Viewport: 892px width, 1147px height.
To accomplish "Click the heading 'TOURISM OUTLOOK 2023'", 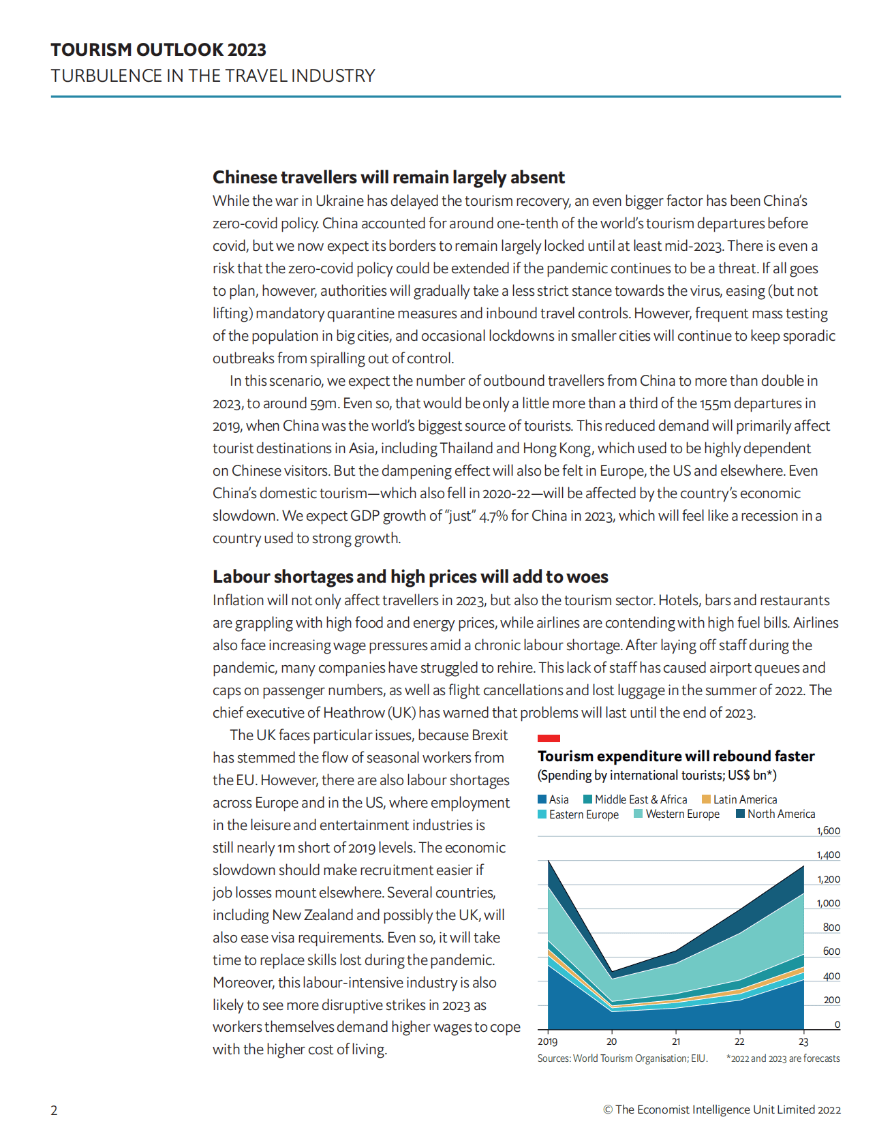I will click(158, 50).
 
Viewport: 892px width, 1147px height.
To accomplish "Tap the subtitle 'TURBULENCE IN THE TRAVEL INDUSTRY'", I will click(213, 76).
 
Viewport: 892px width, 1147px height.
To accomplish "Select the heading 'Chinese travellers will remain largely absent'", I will click(388, 177).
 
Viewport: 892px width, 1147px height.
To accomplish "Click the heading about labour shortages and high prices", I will click(410, 577).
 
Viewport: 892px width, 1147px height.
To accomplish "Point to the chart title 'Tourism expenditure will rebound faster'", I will click(676, 756).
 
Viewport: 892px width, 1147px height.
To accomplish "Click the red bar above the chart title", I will click(549, 738).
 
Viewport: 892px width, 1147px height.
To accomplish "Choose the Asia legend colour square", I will click(542, 799).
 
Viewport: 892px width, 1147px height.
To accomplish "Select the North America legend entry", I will click(775, 814).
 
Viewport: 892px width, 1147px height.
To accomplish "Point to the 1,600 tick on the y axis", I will click(829, 831).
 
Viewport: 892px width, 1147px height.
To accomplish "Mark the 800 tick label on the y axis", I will click(831, 928).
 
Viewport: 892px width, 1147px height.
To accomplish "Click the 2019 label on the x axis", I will click(547, 1041).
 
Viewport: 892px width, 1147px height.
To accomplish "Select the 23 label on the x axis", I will click(803, 1041).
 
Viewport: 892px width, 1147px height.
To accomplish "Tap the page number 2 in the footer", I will click(55, 1110).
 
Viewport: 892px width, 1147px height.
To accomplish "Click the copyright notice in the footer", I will click(722, 1110).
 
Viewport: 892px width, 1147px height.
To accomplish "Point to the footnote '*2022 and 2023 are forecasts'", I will click(783, 1058).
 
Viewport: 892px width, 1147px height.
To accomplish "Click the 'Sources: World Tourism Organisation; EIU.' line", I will click(622, 1058).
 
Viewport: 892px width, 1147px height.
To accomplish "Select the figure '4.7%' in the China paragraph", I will click(493, 516).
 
